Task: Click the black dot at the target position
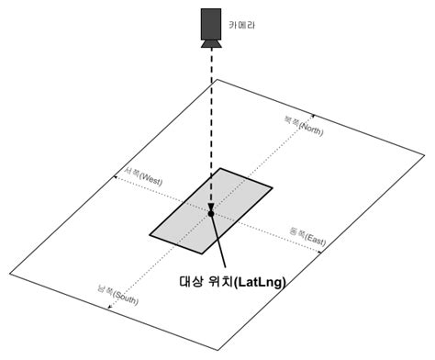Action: coord(210,213)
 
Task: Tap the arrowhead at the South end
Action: coord(108,308)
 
